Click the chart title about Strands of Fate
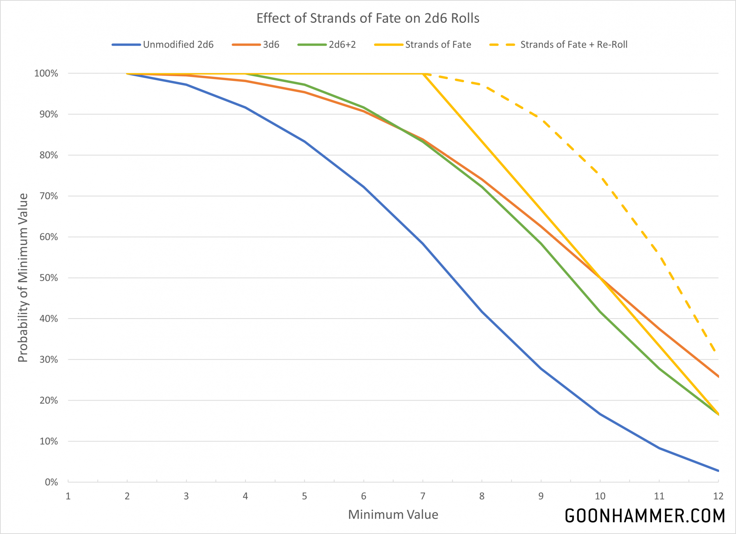click(368, 18)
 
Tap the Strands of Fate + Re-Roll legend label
click(573, 44)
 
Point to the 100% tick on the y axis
click(46, 74)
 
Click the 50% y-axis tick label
click(49, 278)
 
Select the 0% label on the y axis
click(51, 482)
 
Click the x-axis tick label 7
click(423, 496)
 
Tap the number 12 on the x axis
click(718, 496)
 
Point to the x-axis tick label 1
click(68, 496)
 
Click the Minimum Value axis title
click(393, 515)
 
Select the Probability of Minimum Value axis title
click(23, 278)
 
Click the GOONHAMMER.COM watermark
click(645, 516)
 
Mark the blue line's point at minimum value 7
click(423, 244)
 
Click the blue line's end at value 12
click(718, 471)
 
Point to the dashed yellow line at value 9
click(541, 119)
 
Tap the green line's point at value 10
click(600, 312)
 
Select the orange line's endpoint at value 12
click(718, 376)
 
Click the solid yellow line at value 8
click(482, 142)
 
